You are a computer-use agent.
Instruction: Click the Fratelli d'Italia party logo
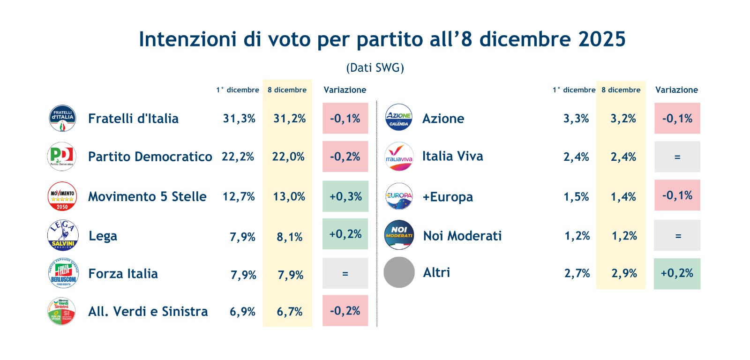pyautogui.click(x=62, y=118)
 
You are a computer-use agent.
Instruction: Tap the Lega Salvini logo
pyautogui.click(x=63, y=235)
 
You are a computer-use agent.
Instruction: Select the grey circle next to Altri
pyautogui.click(x=399, y=272)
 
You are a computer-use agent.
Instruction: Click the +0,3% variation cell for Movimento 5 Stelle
pyautogui.click(x=345, y=196)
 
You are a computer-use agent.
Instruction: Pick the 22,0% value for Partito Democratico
pyautogui.click(x=288, y=157)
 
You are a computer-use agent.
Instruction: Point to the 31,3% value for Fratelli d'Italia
pyautogui.click(x=239, y=119)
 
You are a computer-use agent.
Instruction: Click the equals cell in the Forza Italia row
pyautogui.click(x=345, y=273)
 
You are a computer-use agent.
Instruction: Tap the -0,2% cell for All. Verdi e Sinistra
pyautogui.click(x=345, y=311)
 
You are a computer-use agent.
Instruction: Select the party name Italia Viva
pyautogui.click(x=452, y=156)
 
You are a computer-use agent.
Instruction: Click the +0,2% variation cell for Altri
pyautogui.click(x=677, y=273)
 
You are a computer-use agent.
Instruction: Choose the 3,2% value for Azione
pyautogui.click(x=623, y=119)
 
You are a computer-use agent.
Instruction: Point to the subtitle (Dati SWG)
pyautogui.click(x=375, y=68)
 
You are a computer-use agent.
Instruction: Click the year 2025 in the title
pyautogui.click(x=602, y=39)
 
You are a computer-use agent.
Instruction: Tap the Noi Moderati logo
pyautogui.click(x=399, y=235)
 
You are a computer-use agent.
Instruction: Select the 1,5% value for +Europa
pyautogui.click(x=576, y=197)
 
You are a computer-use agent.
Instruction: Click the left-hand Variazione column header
pyautogui.click(x=345, y=90)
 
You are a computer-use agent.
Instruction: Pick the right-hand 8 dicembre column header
pyautogui.click(x=621, y=90)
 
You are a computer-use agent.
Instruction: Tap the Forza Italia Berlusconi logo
pyautogui.click(x=63, y=273)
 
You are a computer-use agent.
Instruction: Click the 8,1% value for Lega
pyautogui.click(x=289, y=237)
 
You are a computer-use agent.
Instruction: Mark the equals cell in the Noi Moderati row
pyautogui.click(x=678, y=236)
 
